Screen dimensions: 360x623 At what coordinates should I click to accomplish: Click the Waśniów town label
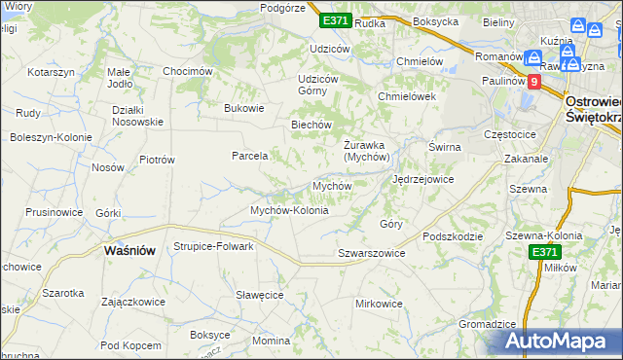pos(129,250)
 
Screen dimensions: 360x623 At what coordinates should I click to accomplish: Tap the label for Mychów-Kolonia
pos(289,210)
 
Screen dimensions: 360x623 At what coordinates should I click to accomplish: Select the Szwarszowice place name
pos(371,253)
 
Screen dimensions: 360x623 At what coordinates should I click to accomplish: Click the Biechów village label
pos(312,125)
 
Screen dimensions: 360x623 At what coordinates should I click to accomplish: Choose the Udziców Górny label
pos(317,85)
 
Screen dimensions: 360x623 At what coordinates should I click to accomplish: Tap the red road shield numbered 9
pos(533,83)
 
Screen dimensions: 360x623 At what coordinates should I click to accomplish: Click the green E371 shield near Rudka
pos(335,20)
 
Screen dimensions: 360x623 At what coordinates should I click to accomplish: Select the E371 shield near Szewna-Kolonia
pos(546,252)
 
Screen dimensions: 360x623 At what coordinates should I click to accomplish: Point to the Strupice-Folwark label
pos(213,246)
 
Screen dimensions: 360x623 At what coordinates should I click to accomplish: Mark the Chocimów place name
pos(187,71)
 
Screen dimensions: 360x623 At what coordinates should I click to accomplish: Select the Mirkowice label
pos(379,304)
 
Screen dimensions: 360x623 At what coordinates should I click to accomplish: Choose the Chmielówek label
pos(406,96)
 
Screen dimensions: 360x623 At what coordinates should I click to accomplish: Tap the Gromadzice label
pos(487,324)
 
